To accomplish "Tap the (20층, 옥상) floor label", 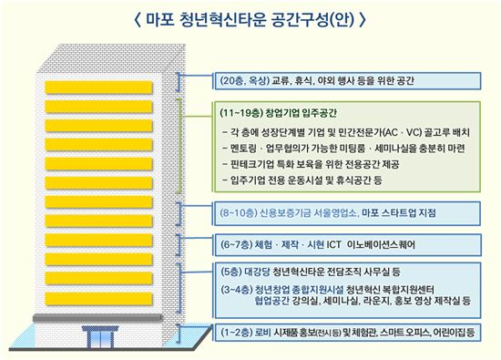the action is coord(244,80).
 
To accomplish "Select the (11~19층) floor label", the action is coord(241,113).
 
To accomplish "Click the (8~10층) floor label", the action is coord(239,213).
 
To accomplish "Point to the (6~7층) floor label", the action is coord(236,245).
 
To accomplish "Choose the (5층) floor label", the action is coord(231,273).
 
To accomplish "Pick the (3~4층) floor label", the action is coord(236,290).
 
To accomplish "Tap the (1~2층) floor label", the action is coord(236,333).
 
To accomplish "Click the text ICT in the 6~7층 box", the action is coord(333,245).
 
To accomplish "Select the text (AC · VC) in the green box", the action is coord(403,132).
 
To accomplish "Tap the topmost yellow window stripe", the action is coord(98,87).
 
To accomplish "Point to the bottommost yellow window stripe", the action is coord(98,299).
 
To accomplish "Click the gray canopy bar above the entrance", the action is coord(98,318).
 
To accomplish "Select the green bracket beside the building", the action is coord(179,146).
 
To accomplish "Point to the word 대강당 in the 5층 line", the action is coord(257,273).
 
